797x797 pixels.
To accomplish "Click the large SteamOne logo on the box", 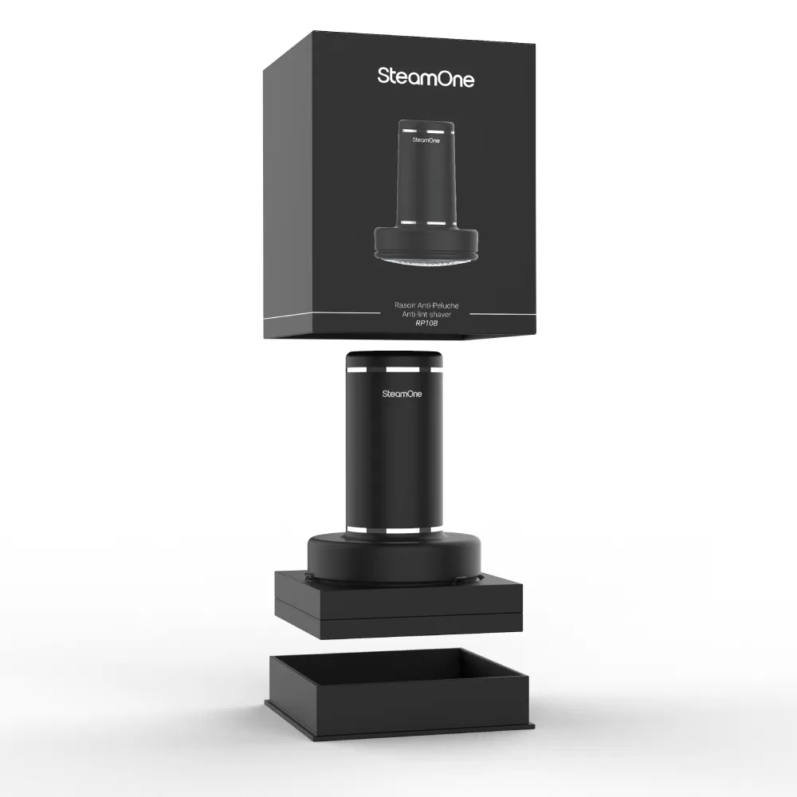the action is pyautogui.click(x=426, y=78).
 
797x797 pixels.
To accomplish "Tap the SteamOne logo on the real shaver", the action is pyautogui.click(x=402, y=394).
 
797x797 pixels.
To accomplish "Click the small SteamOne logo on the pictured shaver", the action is pyautogui.click(x=426, y=139).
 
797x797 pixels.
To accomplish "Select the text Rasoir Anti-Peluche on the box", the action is pyautogui.click(x=426, y=305).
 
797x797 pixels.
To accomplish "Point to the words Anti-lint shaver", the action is pyautogui.click(x=426, y=314).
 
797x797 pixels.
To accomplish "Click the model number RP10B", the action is pyautogui.click(x=426, y=323).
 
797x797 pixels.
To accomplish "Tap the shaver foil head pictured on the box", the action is pyautogui.click(x=426, y=258).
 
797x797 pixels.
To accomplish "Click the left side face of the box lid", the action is pyautogui.click(x=288, y=190).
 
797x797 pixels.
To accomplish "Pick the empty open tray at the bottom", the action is pyautogui.click(x=398, y=689).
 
